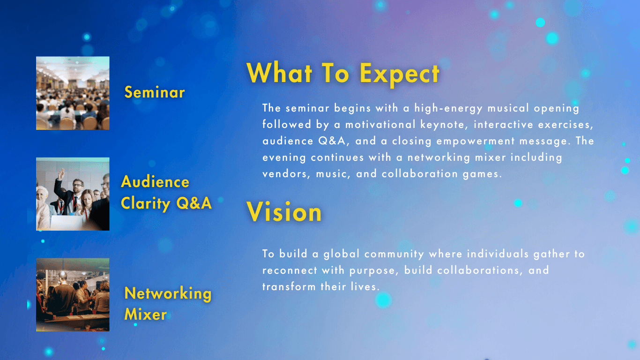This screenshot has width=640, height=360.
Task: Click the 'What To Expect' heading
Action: click(x=343, y=73)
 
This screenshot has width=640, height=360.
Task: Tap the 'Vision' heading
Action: click(x=284, y=212)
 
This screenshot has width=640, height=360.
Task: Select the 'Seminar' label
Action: click(x=155, y=92)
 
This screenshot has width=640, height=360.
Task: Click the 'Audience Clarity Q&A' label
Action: click(x=166, y=193)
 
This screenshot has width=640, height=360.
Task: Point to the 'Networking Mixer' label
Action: click(x=168, y=304)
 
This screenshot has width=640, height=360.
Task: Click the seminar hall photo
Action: click(x=73, y=93)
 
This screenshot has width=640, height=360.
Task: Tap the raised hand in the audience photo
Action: click(x=61, y=174)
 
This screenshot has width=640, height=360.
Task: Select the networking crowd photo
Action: click(x=73, y=295)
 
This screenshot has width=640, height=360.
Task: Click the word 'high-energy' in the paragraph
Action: click(x=448, y=108)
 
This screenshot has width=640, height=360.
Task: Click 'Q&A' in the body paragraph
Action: click(x=332, y=141)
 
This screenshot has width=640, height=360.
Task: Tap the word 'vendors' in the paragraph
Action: click(x=285, y=174)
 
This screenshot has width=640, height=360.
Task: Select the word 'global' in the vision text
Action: click(x=342, y=254)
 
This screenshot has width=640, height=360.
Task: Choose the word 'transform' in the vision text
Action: click(x=289, y=286)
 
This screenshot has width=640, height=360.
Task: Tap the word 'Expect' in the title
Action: click(x=400, y=74)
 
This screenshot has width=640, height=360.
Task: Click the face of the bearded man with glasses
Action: click(x=78, y=187)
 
